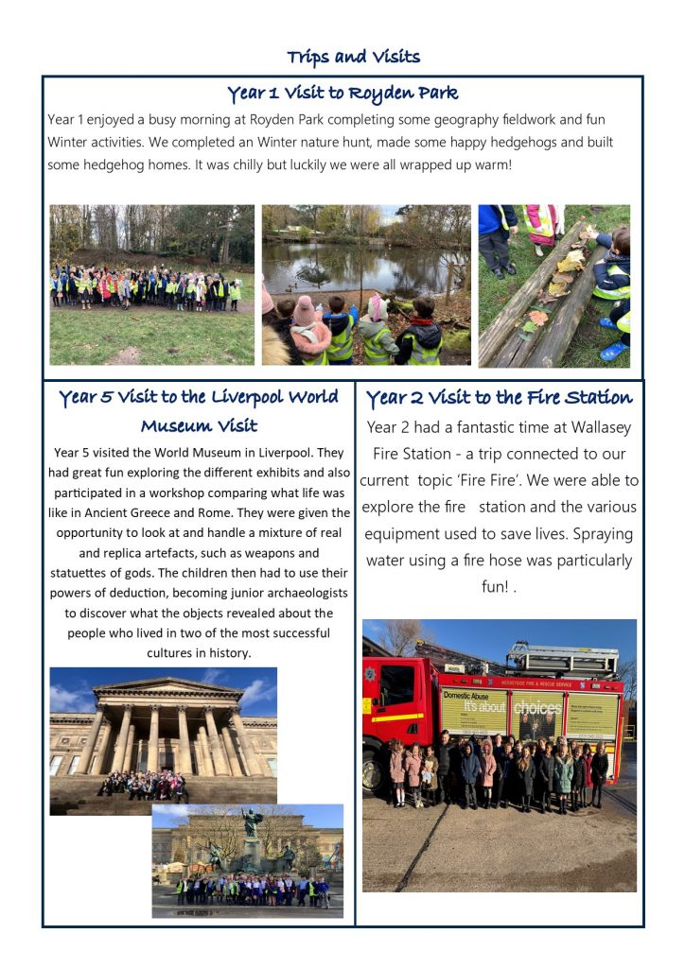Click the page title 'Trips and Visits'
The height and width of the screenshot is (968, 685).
pyautogui.click(x=353, y=58)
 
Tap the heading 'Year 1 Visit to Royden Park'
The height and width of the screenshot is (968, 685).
pyautogui.click(x=342, y=94)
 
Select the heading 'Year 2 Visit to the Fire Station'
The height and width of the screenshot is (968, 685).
pyautogui.click(x=499, y=397)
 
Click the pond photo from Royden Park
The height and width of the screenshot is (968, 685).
pyautogui.click(x=366, y=285)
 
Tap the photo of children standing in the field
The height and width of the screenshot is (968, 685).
pyautogui.click(x=151, y=285)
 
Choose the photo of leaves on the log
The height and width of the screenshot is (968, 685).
pyautogui.click(x=553, y=285)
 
